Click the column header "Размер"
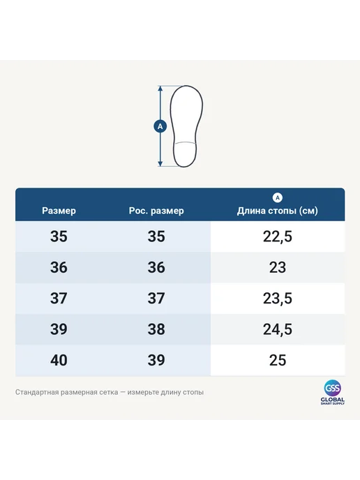pyautogui.click(x=59, y=211)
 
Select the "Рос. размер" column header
pyautogui.click(x=156, y=211)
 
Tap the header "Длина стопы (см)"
pyautogui.click(x=278, y=211)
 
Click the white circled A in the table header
pyautogui.click(x=278, y=197)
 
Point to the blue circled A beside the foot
pyautogui.click(x=160, y=126)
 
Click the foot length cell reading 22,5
pyautogui.click(x=278, y=237)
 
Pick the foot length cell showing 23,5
pyautogui.click(x=278, y=299)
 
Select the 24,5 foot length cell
pyautogui.click(x=278, y=329)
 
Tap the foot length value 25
pyautogui.click(x=278, y=360)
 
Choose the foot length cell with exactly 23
pyautogui.click(x=278, y=267)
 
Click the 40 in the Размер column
pyautogui.click(x=59, y=360)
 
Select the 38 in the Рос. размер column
pyautogui.click(x=156, y=329)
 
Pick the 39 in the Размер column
pyautogui.click(x=59, y=329)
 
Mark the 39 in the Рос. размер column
pyautogui.click(x=156, y=360)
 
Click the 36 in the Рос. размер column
pyautogui.click(x=156, y=267)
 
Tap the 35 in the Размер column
pyautogui.click(x=59, y=237)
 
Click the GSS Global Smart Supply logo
pyautogui.click(x=333, y=393)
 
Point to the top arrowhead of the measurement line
pyautogui.click(x=160, y=88)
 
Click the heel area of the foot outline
pyautogui.click(x=185, y=155)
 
